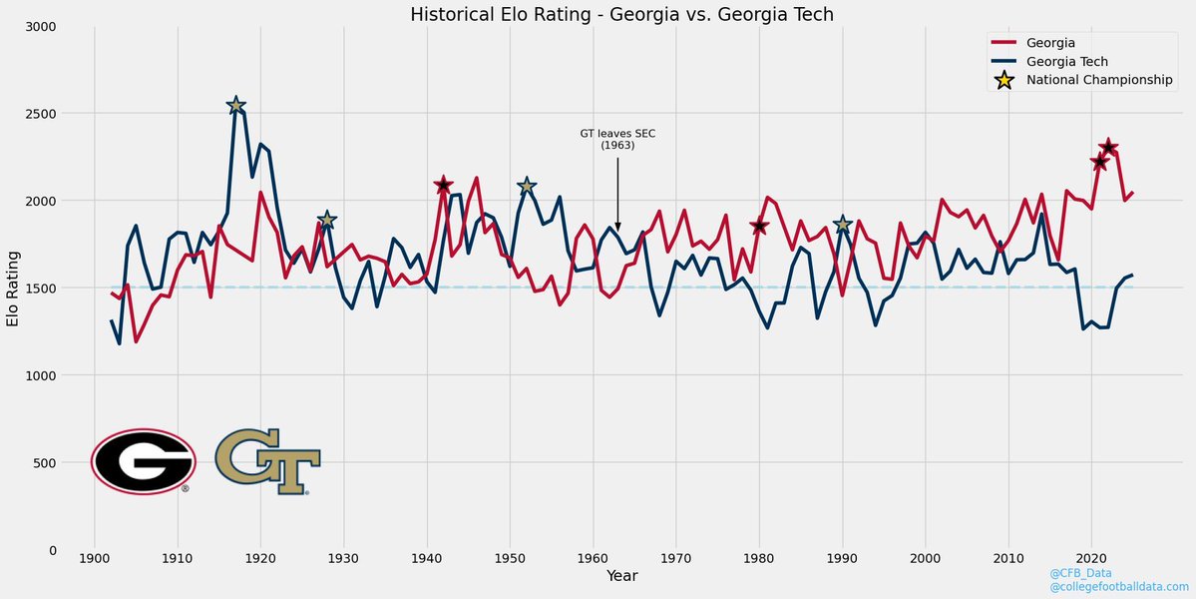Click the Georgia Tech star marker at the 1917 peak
click(236, 106)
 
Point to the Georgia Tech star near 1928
click(327, 220)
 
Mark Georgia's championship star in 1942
click(444, 185)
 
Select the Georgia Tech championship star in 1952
click(527, 186)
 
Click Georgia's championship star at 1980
click(760, 227)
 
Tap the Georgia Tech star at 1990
click(843, 225)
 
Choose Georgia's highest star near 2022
click(1108, 148)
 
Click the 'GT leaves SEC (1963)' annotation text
click(617, 139)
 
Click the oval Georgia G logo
click(144, 460)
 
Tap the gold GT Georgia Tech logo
click(267, 460)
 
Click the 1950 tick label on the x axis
click(510, 556)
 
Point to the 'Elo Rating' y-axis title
click(13, 288)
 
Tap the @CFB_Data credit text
click(1081, 573)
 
